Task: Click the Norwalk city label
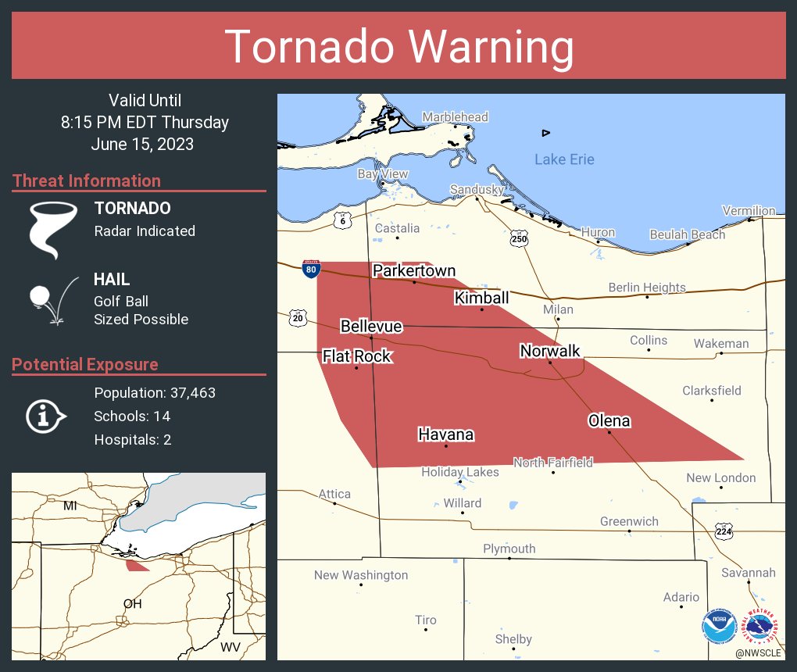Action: pyautogui.click(x=550, y=351)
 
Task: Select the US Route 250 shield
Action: pyautogui.click(x=520, y=238)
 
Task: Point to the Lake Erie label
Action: pyautogui.click(x=564, y=159)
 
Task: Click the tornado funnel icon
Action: pyautogui.click(x=54, y=229)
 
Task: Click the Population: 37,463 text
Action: pyautogui.click(x=155, y=392)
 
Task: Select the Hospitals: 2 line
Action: pyautogui.click(x=133, y=439)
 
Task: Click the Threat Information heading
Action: pyautogui.click(x=87, y=181)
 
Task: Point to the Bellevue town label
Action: pyautogui.click(x=371, y=326)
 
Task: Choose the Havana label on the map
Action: pyautogui.click(x=446, y=434)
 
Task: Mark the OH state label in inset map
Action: pyautogui.click(x=132, y=604)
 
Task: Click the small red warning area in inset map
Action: pyautogui.click(x=137, y=564)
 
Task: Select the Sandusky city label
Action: pyautogui.click(x=476, y=189)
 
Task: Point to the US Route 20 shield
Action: pyautogui.click(x=297, y=317)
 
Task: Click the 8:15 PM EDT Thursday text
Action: pyautogui.click(x=145, y=122)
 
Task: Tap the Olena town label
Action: pyautogui.click(x=609, y=420)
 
